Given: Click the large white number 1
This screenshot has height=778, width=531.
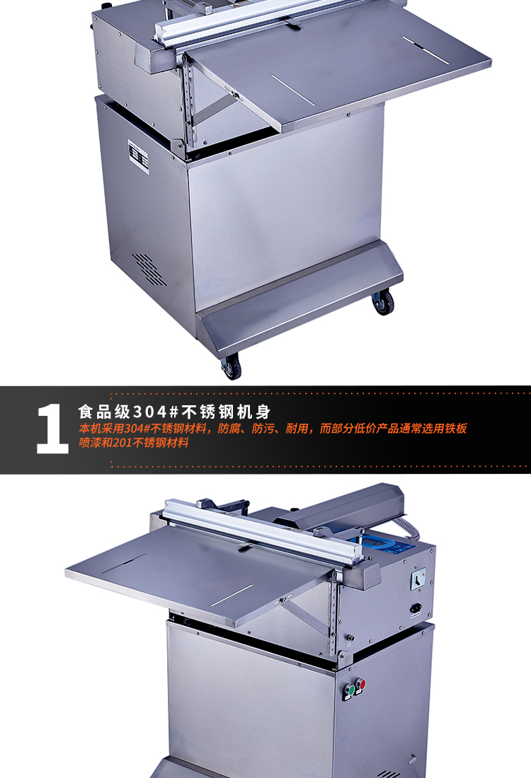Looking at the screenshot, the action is tap(52, 428).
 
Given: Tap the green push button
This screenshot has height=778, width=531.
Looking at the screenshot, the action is tap(352, 690).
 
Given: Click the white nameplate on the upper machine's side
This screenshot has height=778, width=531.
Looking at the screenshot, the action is tap(139, 156).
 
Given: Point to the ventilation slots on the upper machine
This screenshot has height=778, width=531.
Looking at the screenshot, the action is tap(149, 269).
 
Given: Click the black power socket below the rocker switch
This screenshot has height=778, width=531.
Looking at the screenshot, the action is tap(416, 609).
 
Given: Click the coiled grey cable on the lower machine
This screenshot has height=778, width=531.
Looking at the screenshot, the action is tap(409, 529).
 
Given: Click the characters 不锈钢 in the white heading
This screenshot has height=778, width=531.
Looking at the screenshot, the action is tap(207, 412).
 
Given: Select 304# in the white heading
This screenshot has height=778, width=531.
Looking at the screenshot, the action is tap(156, 412).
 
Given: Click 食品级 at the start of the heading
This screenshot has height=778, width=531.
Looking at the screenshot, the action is tap(104, 412).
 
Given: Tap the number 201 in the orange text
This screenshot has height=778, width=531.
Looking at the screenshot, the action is tap(122, 443).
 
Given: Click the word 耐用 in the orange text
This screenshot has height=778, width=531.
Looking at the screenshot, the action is tap(297, 429).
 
